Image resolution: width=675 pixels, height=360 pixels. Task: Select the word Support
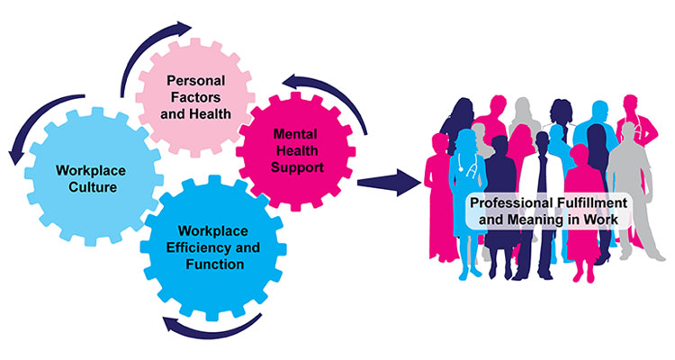pyautogui.click(x=300, y=166)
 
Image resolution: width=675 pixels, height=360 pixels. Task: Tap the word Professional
pyautogui.click(x=509, y=203)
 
